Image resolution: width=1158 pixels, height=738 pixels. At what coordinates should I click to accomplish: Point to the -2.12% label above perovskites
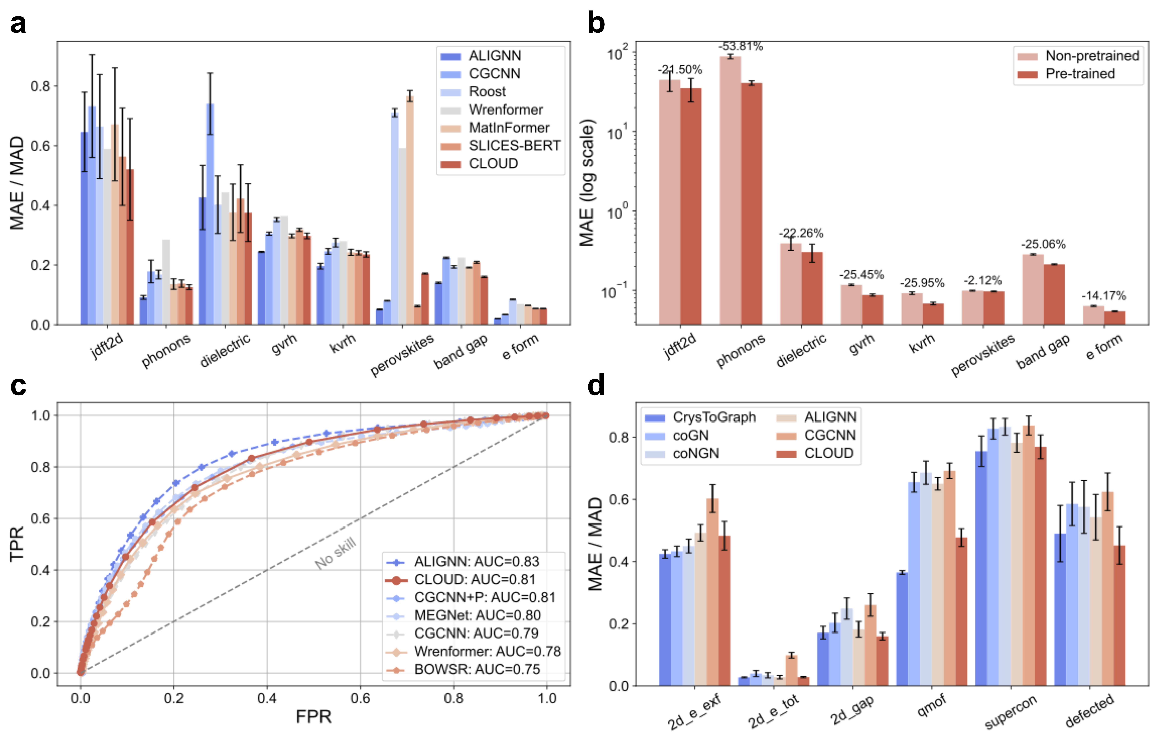[983, 280]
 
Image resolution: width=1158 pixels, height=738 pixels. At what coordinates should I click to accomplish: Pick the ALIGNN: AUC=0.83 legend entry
[476, 562]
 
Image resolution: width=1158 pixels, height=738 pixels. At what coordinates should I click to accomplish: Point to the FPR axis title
[314, 717]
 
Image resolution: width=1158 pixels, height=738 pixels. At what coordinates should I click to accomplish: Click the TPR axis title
[17, 543]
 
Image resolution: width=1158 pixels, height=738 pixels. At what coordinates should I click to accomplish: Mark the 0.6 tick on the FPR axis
[360, 698]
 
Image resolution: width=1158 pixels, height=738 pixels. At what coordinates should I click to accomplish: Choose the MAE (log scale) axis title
[588, 183]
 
